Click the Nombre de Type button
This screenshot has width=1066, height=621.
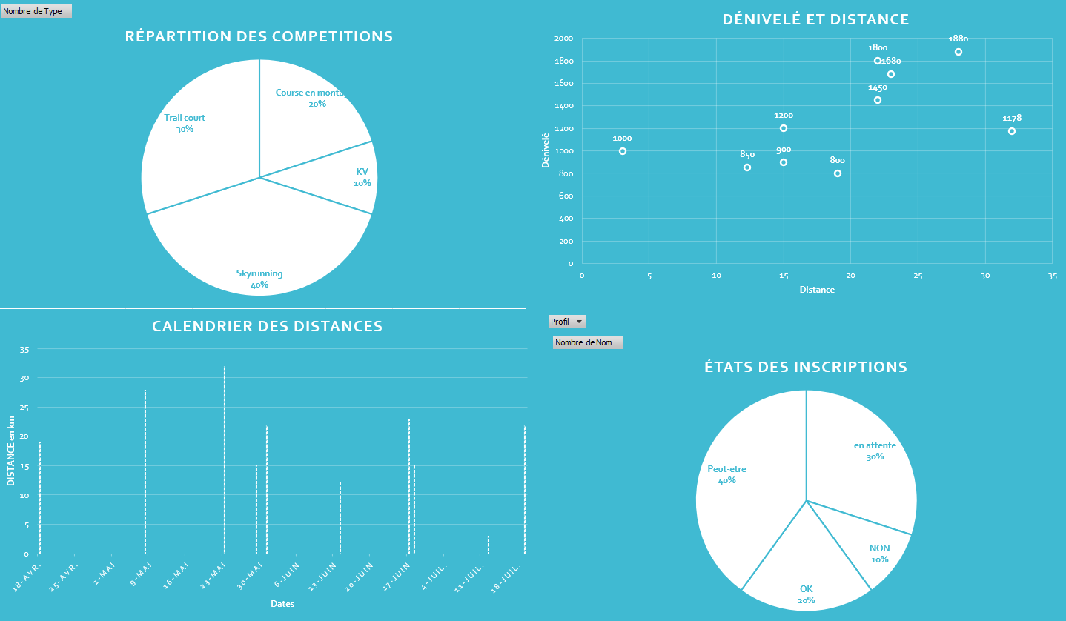(36, 11)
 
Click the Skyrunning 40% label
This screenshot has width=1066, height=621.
(259, 279)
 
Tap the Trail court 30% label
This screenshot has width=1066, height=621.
(185, 123)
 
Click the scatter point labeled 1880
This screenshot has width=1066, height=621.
(959, 52)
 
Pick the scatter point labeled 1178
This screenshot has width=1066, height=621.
(1012, 131)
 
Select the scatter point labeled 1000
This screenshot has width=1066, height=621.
(623, 151)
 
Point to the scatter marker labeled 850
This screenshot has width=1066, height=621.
(747, 167)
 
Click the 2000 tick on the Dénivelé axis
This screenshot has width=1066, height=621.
(563, 39)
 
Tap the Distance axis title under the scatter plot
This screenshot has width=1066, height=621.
(817, 290)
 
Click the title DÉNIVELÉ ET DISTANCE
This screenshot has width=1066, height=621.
(815, 19)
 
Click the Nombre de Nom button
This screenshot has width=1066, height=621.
(588, 342)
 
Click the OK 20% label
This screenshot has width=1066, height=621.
(807, 594)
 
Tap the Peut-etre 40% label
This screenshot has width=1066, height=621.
(726, 474)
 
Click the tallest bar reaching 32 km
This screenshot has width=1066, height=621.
(225, 459)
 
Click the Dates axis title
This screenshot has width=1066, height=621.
(282, 604)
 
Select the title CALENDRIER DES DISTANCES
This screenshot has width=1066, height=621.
(267, 326)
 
